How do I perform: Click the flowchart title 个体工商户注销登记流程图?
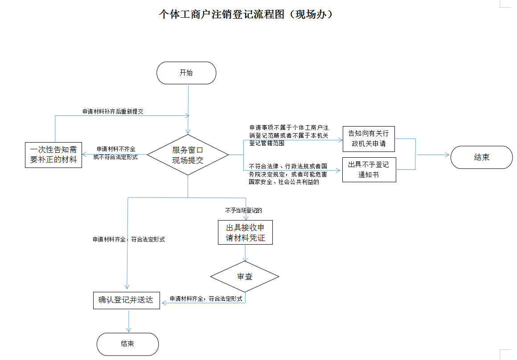[x=246, y=14]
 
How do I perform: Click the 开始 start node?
[x=186, y=73]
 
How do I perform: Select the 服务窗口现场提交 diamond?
[x=188, y=155]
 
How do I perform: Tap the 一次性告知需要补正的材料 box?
[x=53, y=155]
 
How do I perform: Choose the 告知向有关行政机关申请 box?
[x=369, y=139]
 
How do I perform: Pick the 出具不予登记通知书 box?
[x=369, y=169]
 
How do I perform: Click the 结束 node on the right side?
[x=481, y=157]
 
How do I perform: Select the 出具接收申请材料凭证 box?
[x=245, y=232]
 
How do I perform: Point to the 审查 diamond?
[x=245, y=276]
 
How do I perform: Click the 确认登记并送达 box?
[x=126, y=300]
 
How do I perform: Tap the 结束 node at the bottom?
[x=128, y=344]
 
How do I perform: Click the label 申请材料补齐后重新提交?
[x=113, y=111]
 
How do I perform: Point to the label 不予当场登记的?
[x=243, y=209]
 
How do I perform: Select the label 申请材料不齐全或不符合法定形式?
[x=115, y=153]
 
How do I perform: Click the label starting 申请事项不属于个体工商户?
[x=289, y=135]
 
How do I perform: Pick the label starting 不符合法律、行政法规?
[x=288, y=174]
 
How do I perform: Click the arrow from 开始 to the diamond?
[x=188, y=107]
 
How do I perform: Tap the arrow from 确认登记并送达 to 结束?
[x=128, y=321]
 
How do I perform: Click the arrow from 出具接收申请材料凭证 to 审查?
[x=245, y=253]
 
